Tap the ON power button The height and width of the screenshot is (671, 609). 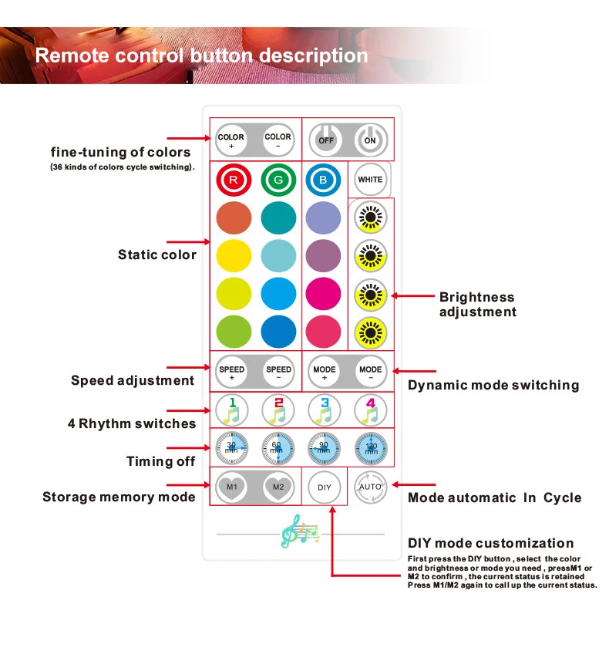tap(370, 141)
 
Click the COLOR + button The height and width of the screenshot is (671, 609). tap(231, 141)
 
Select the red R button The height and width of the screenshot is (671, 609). tap(231, 180)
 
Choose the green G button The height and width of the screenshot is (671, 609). tap(278, 180)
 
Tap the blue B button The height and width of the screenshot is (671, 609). tap(324, 180)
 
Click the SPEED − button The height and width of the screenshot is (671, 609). tap(278, 373)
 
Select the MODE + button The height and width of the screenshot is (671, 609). tap(324, 373)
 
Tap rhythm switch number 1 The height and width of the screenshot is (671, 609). tap(231, 410)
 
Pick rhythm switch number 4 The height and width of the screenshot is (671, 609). tap(370, 410)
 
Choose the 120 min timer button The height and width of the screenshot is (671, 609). tap(370, 448)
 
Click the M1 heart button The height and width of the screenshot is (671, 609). tap(231, 487)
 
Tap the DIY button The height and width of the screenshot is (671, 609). tap(324, 487)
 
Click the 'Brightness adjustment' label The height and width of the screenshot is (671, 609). tap(477, 305)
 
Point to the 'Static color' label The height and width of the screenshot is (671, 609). tap(157, 255)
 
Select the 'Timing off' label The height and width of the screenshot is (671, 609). tap(160, 461)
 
